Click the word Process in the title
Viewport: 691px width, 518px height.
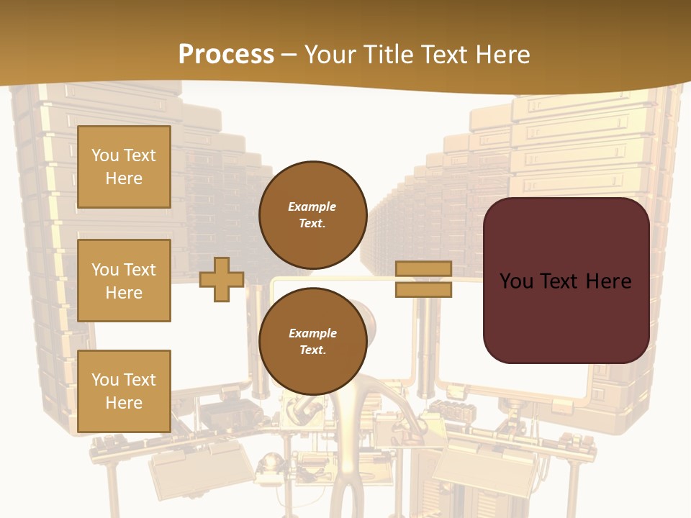pyautogui.click(x=226, y=55)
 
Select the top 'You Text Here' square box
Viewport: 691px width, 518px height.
pyautogui.click(x=124, y=167)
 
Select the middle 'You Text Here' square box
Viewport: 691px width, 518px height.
pyautogui.click(x=124, y=281)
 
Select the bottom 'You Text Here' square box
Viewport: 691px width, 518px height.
pyautogui.click(x=124, y=391)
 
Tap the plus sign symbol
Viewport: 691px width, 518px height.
pyautogui.click(x=222, y=279)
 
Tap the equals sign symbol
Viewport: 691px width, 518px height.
pyautogui.click(x=424, y=279)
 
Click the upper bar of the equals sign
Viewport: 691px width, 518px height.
pyautogui.click(x=424, y=269)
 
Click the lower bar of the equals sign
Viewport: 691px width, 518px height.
pyautogui.click(x=424, y=289)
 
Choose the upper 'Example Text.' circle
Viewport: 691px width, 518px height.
pyautogui.click(x=312, y=214)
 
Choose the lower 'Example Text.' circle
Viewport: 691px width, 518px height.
pyautogui.click(x=312, y=341)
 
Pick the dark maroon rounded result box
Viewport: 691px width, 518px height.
pyautogui.click(x=566, y=281)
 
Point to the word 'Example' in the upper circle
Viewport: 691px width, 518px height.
pyautogui.click(x=312, y=206)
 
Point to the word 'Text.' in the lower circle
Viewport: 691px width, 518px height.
pyautogui.click(x=312, y=350)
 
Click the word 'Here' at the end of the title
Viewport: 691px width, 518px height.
pyautogui.click(x=502, y=55)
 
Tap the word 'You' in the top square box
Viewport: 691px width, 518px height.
pyautogui.click(x=105, y=155)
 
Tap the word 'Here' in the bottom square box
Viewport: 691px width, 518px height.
pyautogui.click(x=124, y=403)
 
